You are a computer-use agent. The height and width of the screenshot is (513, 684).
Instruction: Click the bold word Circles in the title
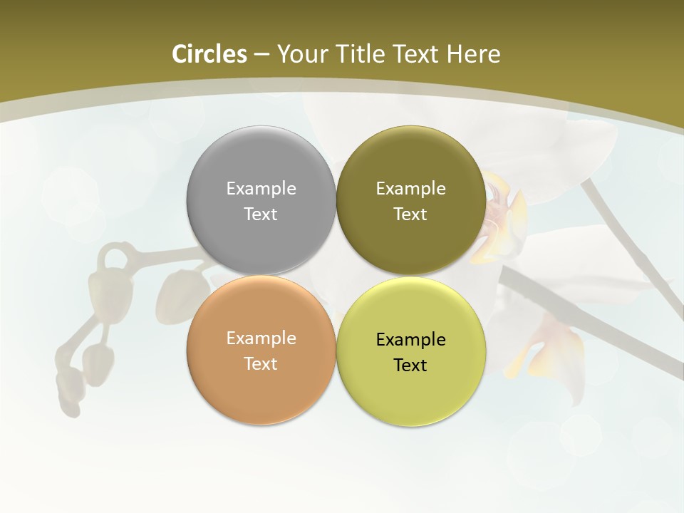coord(209,54)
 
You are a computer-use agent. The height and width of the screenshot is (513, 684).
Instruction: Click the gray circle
coord(261,164)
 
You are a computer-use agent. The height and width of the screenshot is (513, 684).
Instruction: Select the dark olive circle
coord(411,164)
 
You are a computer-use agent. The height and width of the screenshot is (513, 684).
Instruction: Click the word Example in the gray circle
coord(261,188)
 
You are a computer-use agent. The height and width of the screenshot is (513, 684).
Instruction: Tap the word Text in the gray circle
coord(261,214)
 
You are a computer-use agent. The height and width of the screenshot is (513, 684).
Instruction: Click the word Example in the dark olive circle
coord(411,188)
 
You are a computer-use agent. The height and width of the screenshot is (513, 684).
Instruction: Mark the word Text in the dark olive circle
coord(411,214)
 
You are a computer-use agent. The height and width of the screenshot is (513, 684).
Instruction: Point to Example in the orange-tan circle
coord(261,338)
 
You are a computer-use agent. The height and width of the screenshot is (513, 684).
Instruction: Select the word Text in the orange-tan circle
coord(261,363)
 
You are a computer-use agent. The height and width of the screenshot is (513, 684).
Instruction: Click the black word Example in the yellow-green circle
coord(411,339)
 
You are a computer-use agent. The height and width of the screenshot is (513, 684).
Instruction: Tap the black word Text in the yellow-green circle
coord(411,365)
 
